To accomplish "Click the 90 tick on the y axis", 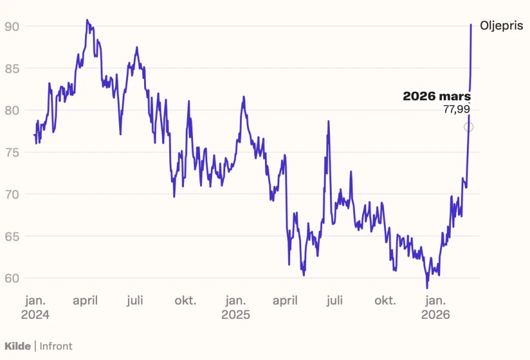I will (x=12, y=26).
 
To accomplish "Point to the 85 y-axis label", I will (x=12, y=69).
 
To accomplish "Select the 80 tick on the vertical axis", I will (x=12, y=110).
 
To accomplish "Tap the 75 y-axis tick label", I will (x=12, y=153).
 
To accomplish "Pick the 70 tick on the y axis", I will (x=12, y=194).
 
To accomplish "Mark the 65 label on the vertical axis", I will (x=12, y=237).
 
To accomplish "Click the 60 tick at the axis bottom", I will (x=12, y=278).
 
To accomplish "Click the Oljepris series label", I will (x=501, y=26).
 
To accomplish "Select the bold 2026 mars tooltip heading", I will (x=437, y=97).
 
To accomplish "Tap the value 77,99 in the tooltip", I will (x=456, y=110).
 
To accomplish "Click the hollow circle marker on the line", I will (x=469, y=127).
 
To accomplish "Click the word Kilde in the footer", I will (x=17, y=346).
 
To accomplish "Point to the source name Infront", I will (x=56, y=346).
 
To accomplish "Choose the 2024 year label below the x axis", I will (x=35, y=315).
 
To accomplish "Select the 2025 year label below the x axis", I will (x=236, y=315).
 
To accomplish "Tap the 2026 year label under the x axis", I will (x=435, y=315).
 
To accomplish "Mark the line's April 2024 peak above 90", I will (x=87, y=20).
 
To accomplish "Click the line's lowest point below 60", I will (x=427, y=288).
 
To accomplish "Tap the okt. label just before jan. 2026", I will (x=385, y=300).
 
